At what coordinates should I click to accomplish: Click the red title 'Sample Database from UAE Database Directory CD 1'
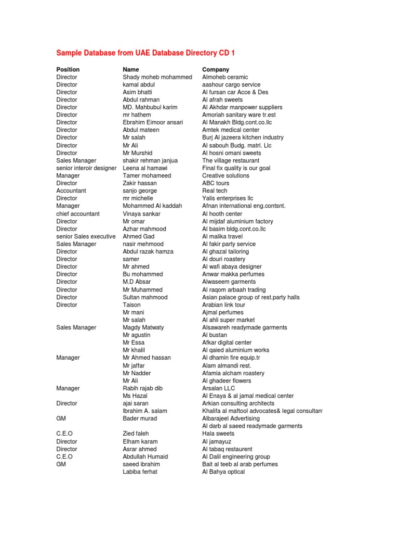click(149, 53)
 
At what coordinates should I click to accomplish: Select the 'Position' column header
click(68, 69)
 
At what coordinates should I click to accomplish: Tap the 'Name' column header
click(131, 69)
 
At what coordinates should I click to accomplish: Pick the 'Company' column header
click(216, 69)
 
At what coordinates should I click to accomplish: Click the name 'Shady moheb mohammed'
click(157, 77)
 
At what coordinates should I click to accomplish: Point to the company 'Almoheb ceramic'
click(225, 77)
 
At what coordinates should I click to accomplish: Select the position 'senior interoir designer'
click(86, 168)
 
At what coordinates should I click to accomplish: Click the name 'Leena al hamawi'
click(145, 168)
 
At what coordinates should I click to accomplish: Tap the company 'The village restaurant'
click(231, 161)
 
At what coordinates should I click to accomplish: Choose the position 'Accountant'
click(71, 191)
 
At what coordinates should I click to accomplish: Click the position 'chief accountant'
click(78, 214)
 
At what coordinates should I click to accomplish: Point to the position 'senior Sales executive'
click(86, 236)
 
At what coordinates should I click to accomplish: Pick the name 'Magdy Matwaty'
click(143, 327)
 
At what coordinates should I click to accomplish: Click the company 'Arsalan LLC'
click(219, 388)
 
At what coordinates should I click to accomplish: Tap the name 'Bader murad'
click(140, 418)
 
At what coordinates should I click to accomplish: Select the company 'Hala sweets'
click(218, 434)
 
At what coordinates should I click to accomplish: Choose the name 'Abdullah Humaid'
click(145, 456)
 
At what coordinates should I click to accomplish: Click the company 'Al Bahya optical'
click(223, 472)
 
